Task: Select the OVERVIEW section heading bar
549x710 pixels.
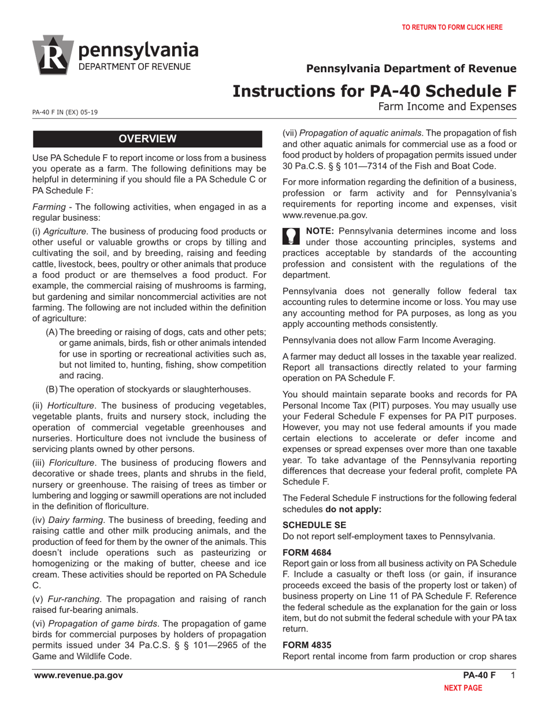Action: pyautogui.click(x=147, y=139)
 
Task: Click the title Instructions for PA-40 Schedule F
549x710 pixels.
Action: pyautogui.click(x=374, y=91)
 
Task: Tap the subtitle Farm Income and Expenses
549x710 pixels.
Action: pyautogui.click(x=447, y=106)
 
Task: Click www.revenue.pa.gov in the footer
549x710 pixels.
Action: pyautogui.click(x=78, y=676)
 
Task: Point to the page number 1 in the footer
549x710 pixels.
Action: pyautogui.click(x=513, y=676)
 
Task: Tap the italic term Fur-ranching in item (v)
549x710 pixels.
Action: pyautogui.click(x=74, y=598)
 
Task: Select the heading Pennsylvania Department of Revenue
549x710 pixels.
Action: pyautogui.click(x=411, y=69)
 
